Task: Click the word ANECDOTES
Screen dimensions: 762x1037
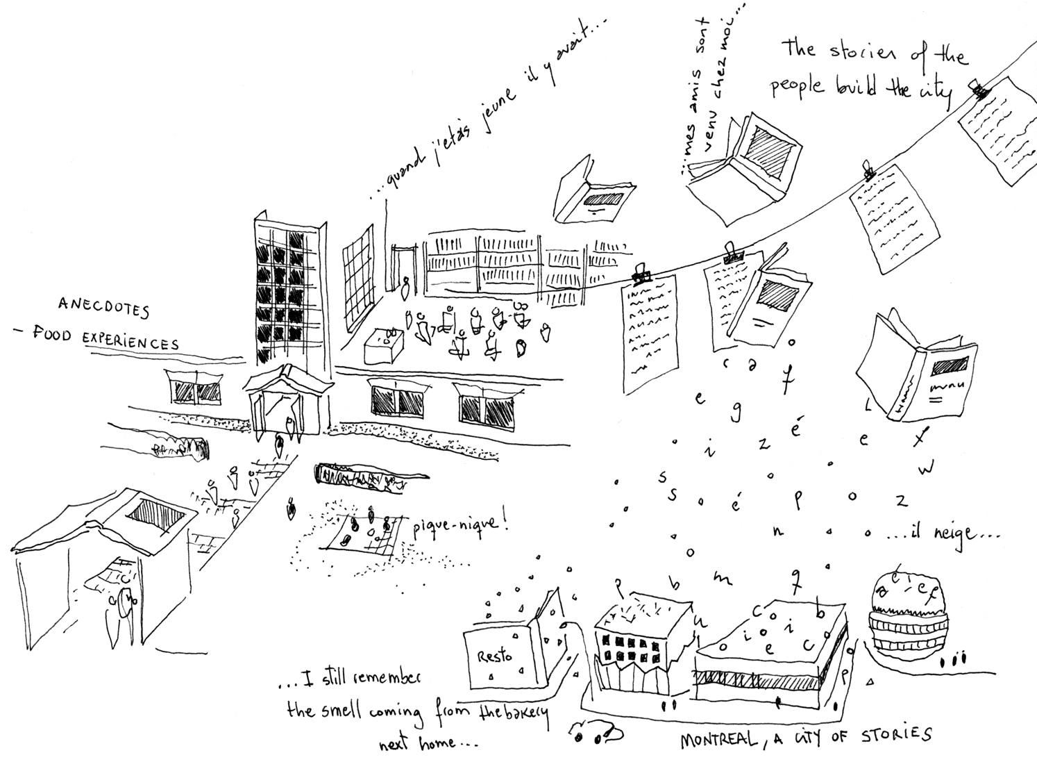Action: pyautogui.click(x=103, y=307)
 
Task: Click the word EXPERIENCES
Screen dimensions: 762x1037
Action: pyautogui.click(x=130, y=341)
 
